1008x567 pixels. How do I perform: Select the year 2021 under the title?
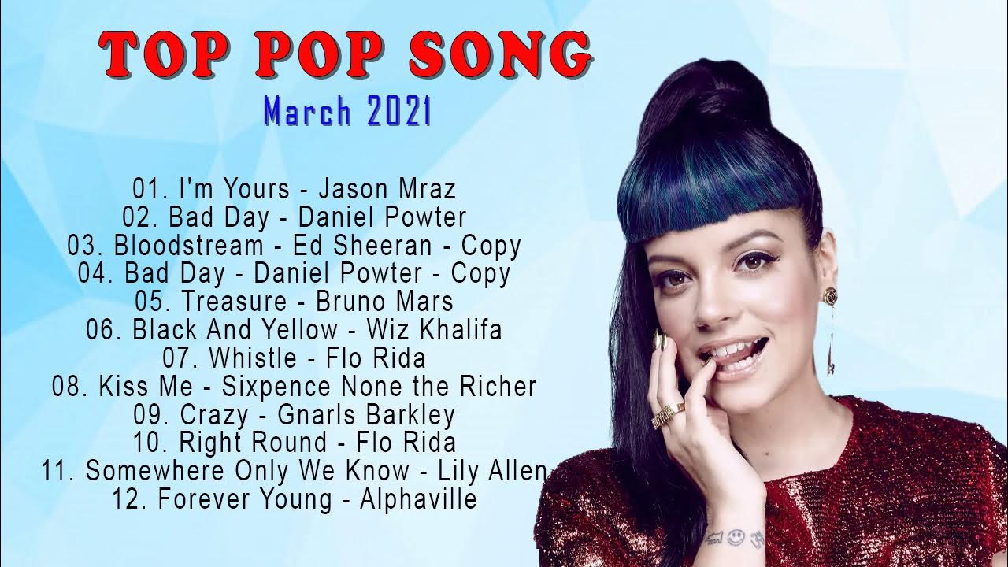click(x=398, y=112)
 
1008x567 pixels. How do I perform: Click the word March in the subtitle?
click(x=309, y=112)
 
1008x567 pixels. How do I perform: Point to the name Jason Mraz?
click(x=387, y=189)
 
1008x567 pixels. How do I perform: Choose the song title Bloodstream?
click(x=188, y=246)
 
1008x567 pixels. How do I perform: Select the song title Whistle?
click(x=252, y=358)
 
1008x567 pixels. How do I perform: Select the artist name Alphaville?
click(x=418, y=499)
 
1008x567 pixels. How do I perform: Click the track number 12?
click(x=130, y=499)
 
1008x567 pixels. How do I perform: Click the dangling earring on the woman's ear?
click(x=831, y=339)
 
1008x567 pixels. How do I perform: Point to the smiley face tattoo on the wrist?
click(x=736, y=536)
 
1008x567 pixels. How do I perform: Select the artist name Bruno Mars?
click(x=384, y=302)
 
